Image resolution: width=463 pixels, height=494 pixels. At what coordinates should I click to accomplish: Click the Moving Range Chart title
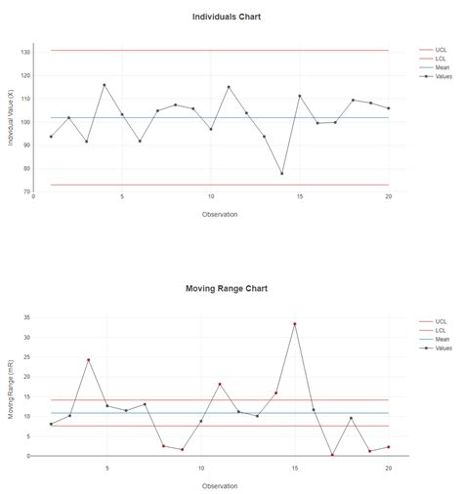pyautogui.click(x=227, y=289)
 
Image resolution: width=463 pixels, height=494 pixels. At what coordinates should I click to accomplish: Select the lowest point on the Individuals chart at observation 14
pyautogui.click(x=282, y=174)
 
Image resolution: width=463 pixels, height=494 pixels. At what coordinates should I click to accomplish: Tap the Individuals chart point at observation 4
pyautogui.click(x=105, y=85)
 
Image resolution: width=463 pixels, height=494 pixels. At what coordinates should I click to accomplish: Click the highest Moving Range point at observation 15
pyautogui.click(x=295, y=324)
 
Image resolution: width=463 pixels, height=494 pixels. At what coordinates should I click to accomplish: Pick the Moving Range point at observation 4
pyautogui.click(x=88, y=360)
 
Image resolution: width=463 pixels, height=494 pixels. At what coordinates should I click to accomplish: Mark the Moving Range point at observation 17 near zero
pyautogui.click(x=332, y=455)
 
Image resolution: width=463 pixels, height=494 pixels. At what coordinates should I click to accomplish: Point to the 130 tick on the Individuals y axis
pyautogui.click(x=26, y=52)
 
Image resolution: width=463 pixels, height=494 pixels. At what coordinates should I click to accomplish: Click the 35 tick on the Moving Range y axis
pyautogui.click(x=28, y=317)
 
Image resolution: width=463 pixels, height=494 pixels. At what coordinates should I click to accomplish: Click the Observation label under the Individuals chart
pyautogui.click(x=220, y=214)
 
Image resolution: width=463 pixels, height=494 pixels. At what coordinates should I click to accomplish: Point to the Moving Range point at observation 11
pyautogui.click(x=220, y=385)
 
